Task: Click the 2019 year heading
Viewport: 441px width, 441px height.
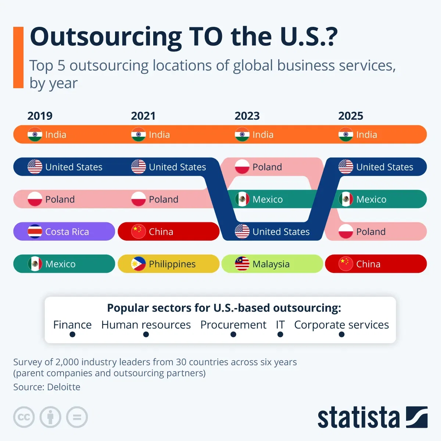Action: pos(40,116)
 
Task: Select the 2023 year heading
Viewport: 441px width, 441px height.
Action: pos(247,116)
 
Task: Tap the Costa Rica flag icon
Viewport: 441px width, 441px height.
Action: pos(35,232)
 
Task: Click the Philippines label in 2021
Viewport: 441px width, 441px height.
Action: pos(172,264)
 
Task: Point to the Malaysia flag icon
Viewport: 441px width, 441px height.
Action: pos(242,264)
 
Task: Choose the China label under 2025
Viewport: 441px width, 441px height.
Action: pos(368,264)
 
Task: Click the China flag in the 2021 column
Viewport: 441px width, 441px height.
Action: pos(139,232)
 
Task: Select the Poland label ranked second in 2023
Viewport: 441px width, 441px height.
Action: pos(267,167)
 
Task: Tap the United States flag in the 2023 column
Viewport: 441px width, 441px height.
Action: pos(242,232)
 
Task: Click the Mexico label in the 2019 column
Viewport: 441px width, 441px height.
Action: pos(60,264)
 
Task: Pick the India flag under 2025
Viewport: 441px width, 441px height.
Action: pos(345,135)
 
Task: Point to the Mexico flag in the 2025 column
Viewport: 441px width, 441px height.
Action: pos(345,199)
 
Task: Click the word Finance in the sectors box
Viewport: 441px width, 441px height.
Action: pos(72,325)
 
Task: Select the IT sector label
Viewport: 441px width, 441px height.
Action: pos(280,325)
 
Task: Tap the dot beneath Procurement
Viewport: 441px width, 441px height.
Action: pos(233,334)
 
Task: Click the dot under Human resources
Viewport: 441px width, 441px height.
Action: pos(146,334)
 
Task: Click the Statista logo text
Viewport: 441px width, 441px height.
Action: pos(358,417)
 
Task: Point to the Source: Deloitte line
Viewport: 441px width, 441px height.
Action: pos(47,387)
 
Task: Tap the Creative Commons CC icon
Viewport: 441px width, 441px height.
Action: pos(24,417)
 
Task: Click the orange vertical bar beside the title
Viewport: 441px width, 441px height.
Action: pos(18,57)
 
